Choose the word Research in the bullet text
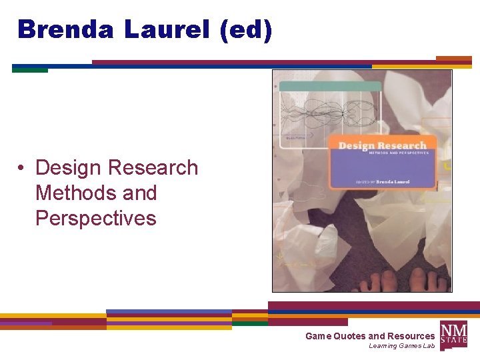click(154, 167)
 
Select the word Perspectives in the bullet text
click(95, 218)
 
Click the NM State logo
click(453, 333)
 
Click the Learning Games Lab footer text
click(401, 346)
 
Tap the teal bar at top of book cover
click(330, 87)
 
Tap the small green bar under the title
click(30, 70)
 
